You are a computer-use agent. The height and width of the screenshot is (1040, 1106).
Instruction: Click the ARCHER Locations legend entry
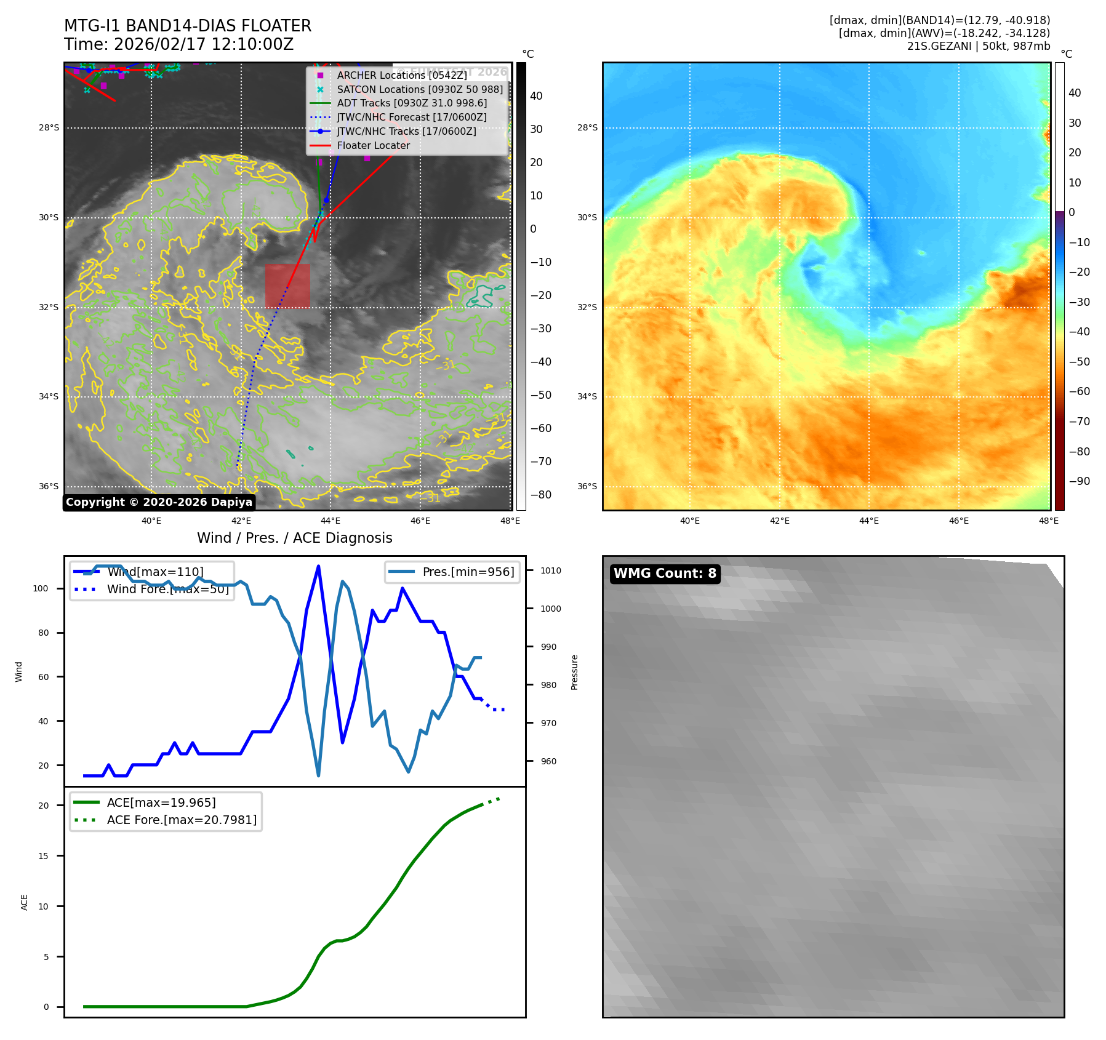(401, 75)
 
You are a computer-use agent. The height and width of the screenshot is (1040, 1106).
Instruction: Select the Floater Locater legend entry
(373, 145)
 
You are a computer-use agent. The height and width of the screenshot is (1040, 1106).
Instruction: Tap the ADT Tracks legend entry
(411, 103)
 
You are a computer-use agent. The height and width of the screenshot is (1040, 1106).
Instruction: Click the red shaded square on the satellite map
(287, 286)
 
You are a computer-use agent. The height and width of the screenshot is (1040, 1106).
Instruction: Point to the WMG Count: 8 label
(665, 574)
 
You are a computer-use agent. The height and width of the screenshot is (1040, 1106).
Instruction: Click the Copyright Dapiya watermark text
(159, 502)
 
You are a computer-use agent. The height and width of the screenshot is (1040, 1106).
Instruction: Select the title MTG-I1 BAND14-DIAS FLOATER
(188, 26)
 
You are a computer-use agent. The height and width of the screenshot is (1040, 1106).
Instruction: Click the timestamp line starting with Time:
(178, 44)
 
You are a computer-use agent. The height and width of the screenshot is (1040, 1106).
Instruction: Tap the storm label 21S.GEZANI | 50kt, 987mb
(978, 46)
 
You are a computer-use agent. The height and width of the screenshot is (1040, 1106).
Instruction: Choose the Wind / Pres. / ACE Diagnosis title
(294, 538)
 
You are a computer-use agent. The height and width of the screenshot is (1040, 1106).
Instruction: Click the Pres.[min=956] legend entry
(468, 572)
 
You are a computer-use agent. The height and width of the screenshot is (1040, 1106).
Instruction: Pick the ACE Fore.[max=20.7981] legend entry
(182, 820)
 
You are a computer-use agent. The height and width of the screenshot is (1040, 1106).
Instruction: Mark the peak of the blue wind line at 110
(318, 566)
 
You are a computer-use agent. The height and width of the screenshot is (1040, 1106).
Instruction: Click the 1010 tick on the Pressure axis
(550, 570)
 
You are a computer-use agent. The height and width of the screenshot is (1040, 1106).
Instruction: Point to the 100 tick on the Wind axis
(41, 588)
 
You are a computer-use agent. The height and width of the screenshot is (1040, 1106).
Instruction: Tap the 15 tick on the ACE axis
(43, 856)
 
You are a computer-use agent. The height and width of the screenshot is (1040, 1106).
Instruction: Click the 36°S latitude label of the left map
(49, 486)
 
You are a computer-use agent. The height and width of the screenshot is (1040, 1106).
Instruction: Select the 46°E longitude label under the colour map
(958, 521)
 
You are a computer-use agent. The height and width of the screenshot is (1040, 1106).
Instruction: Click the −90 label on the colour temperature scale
(1079, 481)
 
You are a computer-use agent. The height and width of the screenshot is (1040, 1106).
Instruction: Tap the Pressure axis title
(574, 672)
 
